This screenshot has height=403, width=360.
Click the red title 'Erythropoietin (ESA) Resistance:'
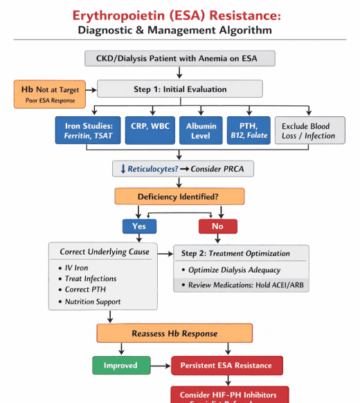tap(179, 15)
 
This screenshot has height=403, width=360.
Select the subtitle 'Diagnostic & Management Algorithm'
tap(179, 30)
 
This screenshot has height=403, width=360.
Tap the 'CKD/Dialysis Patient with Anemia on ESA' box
tap(179, 59)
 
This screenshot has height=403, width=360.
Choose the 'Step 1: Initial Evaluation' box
tap(179, 89)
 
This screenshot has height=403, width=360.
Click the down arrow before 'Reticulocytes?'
tap(121, 169)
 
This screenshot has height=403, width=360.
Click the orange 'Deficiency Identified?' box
tap(179, 197)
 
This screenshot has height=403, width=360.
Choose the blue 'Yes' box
tap(139, 226)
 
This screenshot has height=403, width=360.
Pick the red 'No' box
tap(217, 226)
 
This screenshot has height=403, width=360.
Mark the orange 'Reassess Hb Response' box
tap(179, 333)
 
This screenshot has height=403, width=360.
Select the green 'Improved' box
tap(120, 365)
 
